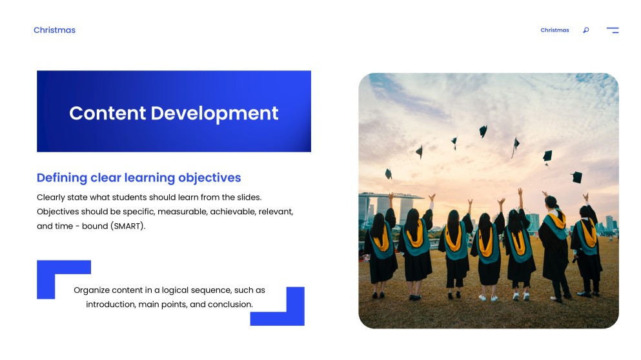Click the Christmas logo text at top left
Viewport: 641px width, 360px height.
[x=54, y=30]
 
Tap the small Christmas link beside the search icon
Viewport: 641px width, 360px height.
[x=555, y=30]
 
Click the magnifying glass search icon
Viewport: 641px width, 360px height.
[x=585, y=30]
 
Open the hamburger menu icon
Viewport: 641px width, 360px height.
[x=612, y=30]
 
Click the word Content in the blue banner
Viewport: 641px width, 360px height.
[x=107, y=113]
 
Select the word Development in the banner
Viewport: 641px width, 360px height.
[x=214, y=113]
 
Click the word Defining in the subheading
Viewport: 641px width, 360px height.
[x=61, y=178]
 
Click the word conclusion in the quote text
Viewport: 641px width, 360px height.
[x=230, y=305]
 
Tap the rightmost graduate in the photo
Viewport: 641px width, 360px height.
[x=588, y=248]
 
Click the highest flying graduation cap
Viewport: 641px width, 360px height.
[x=483, y=131]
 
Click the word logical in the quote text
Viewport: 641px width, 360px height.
[x=178, y=290]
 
